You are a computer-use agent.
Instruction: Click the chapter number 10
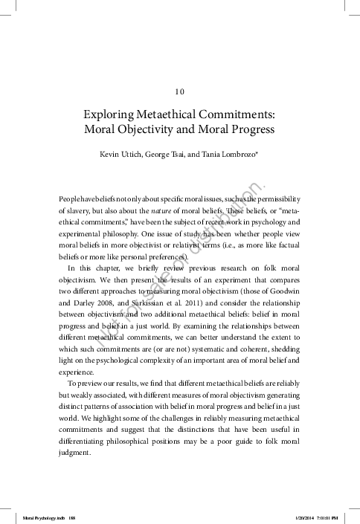point(179,92)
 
